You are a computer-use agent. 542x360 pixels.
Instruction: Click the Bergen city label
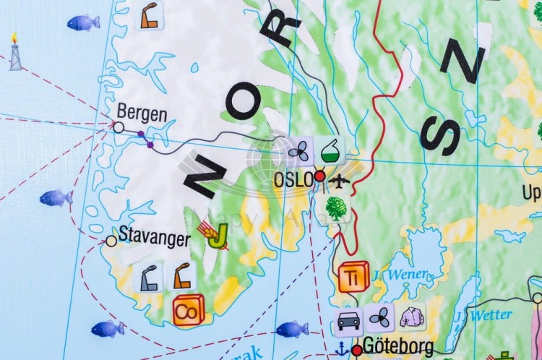pos(142,114)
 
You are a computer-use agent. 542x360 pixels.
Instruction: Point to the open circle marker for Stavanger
pos(111,241)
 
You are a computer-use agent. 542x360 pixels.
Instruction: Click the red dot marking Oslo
pos(319,175)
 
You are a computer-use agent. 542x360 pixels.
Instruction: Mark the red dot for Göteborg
pos(356,351)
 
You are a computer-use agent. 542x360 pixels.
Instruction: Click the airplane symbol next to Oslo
pos(337,178)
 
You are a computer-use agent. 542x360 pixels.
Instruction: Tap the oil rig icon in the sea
pos(15,53)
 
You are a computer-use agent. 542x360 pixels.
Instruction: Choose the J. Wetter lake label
pos(483,316)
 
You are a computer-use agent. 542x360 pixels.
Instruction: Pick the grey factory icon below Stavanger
pos(150,278)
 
